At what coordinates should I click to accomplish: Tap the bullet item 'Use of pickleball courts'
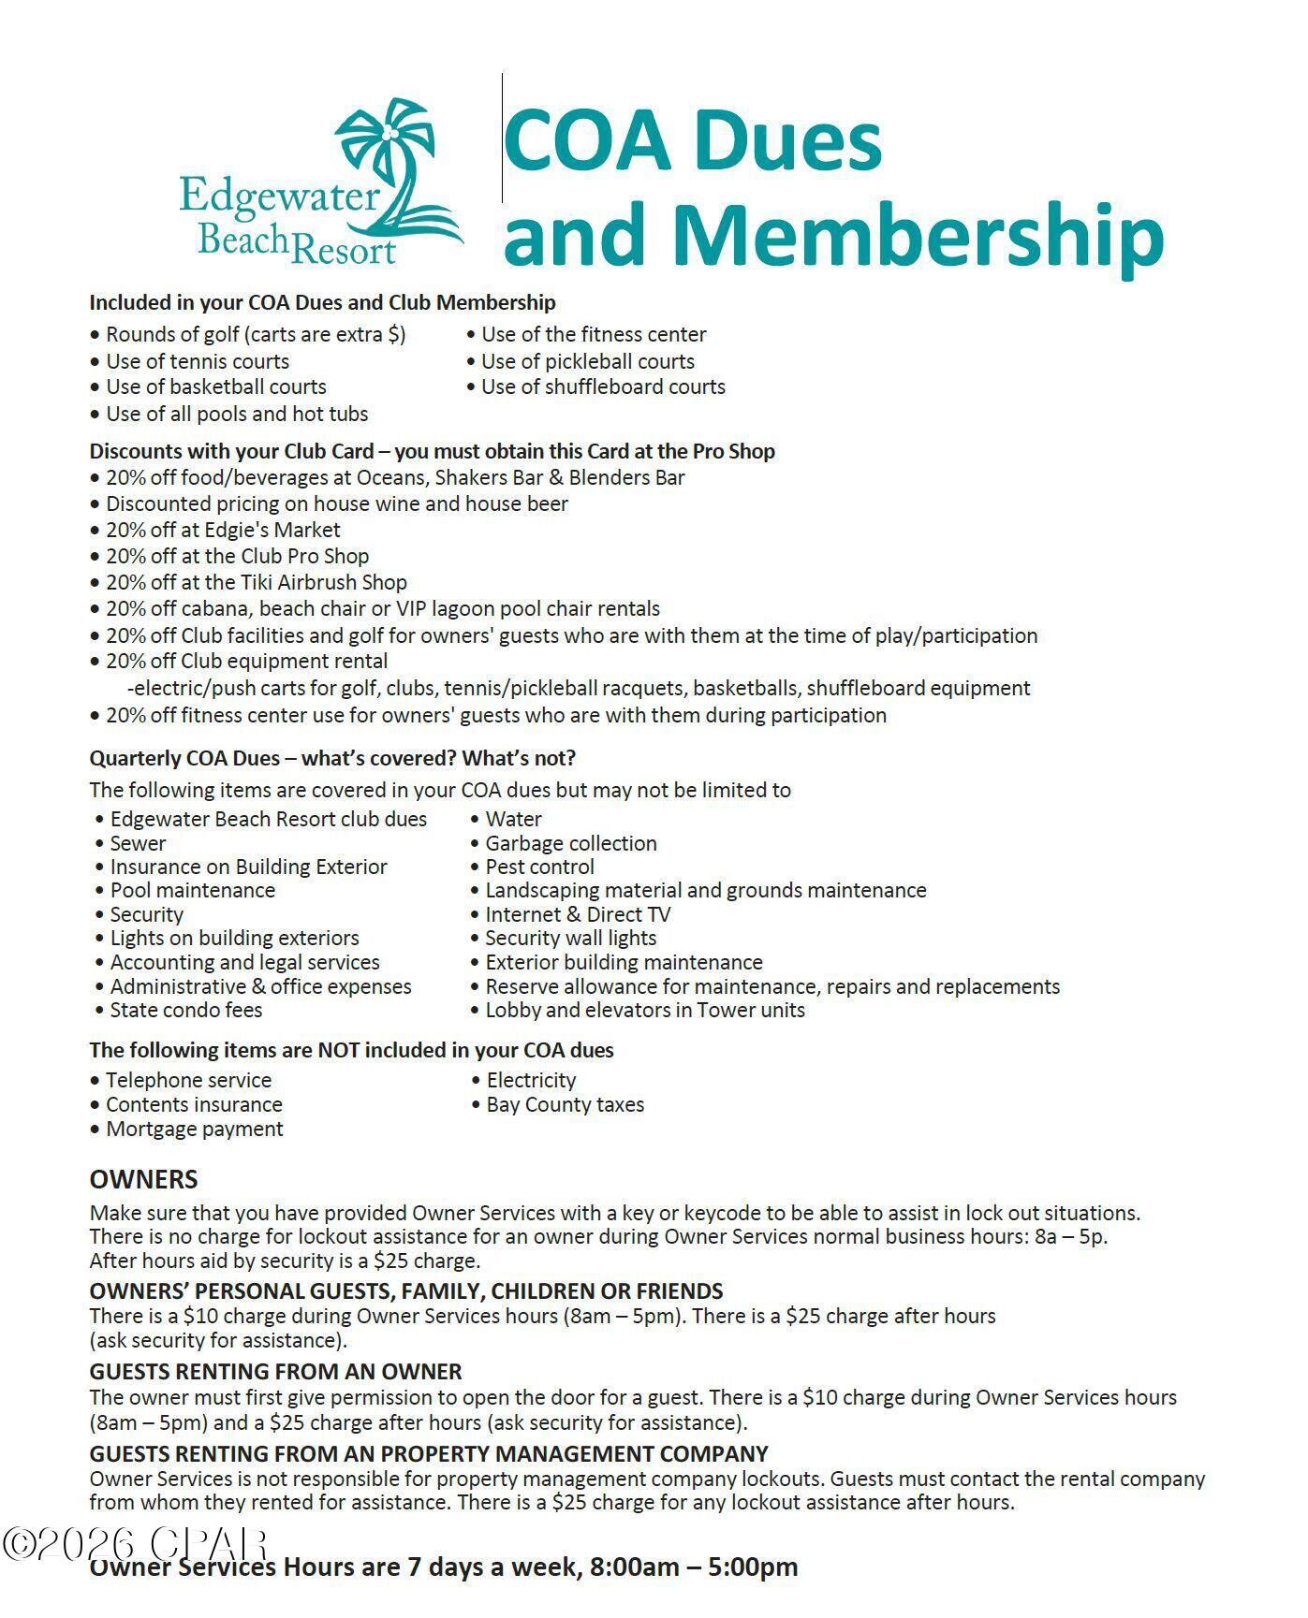587,361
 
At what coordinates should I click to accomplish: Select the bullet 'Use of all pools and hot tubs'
236,414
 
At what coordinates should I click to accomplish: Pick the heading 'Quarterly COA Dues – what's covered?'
332,757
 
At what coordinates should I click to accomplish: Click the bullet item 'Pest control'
539,867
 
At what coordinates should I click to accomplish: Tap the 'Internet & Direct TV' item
577,914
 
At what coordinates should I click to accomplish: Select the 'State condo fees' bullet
185,1010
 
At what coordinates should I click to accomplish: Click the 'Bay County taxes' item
565,1104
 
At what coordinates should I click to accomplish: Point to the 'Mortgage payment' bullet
194,1129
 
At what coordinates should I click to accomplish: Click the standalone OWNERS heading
143,1179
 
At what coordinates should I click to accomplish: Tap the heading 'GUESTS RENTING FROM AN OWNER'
275,1372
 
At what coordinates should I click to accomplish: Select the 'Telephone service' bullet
188,1080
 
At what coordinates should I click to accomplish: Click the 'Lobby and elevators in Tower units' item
644,1010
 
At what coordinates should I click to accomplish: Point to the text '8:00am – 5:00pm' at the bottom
693,1567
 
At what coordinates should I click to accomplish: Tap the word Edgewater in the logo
279,197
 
